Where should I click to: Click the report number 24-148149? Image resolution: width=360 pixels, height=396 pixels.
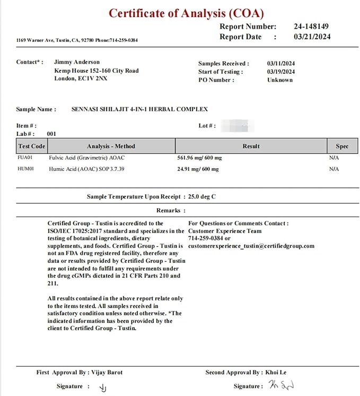[x=311, y=26]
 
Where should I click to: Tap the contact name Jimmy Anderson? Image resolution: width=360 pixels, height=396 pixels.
[x=77, y=62]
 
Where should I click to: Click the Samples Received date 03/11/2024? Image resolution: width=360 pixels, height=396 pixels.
[x=281, y=63]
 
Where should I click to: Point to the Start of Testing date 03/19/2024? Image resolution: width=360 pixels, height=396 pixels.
[x=281, y=72]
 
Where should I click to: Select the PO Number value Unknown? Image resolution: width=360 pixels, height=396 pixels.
[x=280, y=80]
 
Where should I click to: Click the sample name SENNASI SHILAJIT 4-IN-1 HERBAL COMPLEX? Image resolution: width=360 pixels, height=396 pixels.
[x=139, y=109]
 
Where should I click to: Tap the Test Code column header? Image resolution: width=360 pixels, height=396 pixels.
[x=32, y=146]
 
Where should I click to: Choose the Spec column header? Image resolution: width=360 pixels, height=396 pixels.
[x=342, y=146]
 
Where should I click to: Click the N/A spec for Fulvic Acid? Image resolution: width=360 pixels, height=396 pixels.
[x=333, y=158]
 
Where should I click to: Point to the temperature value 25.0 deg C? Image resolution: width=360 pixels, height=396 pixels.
[x=198, y=197]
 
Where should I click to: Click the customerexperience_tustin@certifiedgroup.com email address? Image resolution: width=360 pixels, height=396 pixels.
[x=251, y=246]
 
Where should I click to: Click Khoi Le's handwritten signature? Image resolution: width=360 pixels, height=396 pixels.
[x=281, y=385]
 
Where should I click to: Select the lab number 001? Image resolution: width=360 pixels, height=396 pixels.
[x=51, y=134]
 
